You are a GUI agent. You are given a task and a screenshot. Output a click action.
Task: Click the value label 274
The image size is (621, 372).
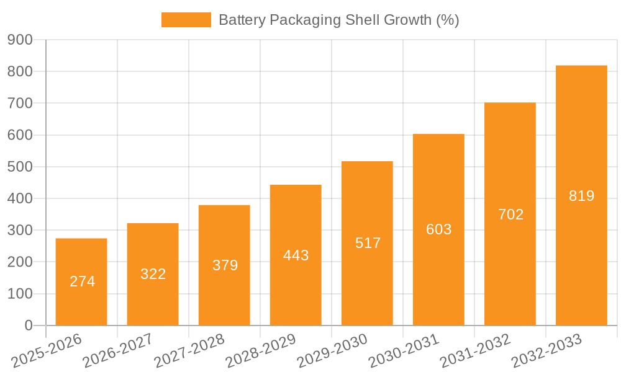click(x=82, y=281)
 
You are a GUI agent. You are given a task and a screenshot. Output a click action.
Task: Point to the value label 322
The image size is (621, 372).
click(x=153, y=274)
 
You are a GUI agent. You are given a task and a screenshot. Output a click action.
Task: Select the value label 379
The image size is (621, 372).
click(x=225, y=265)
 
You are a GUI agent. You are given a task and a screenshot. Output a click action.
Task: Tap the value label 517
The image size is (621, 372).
click(x=368, y=243)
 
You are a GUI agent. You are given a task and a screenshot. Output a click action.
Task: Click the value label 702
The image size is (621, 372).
click(x=510, y=215)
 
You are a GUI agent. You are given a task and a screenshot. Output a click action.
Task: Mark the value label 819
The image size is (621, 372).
click(x=581, y=196)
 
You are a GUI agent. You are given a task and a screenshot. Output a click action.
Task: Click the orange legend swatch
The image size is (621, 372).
click(x=186, y=20)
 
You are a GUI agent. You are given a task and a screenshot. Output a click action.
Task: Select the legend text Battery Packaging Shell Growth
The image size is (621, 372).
click(x=338, y=20)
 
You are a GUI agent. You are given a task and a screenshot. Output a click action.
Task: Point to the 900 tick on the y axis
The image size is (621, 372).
click(x=20, y=40)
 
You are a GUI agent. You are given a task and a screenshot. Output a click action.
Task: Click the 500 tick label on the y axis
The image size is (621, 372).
click(x=20, y=167)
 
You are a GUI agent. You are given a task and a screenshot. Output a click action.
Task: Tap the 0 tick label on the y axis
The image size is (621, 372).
click(x=28, y=325)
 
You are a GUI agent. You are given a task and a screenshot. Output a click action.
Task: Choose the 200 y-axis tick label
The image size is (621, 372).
click(x=20, y=262)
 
